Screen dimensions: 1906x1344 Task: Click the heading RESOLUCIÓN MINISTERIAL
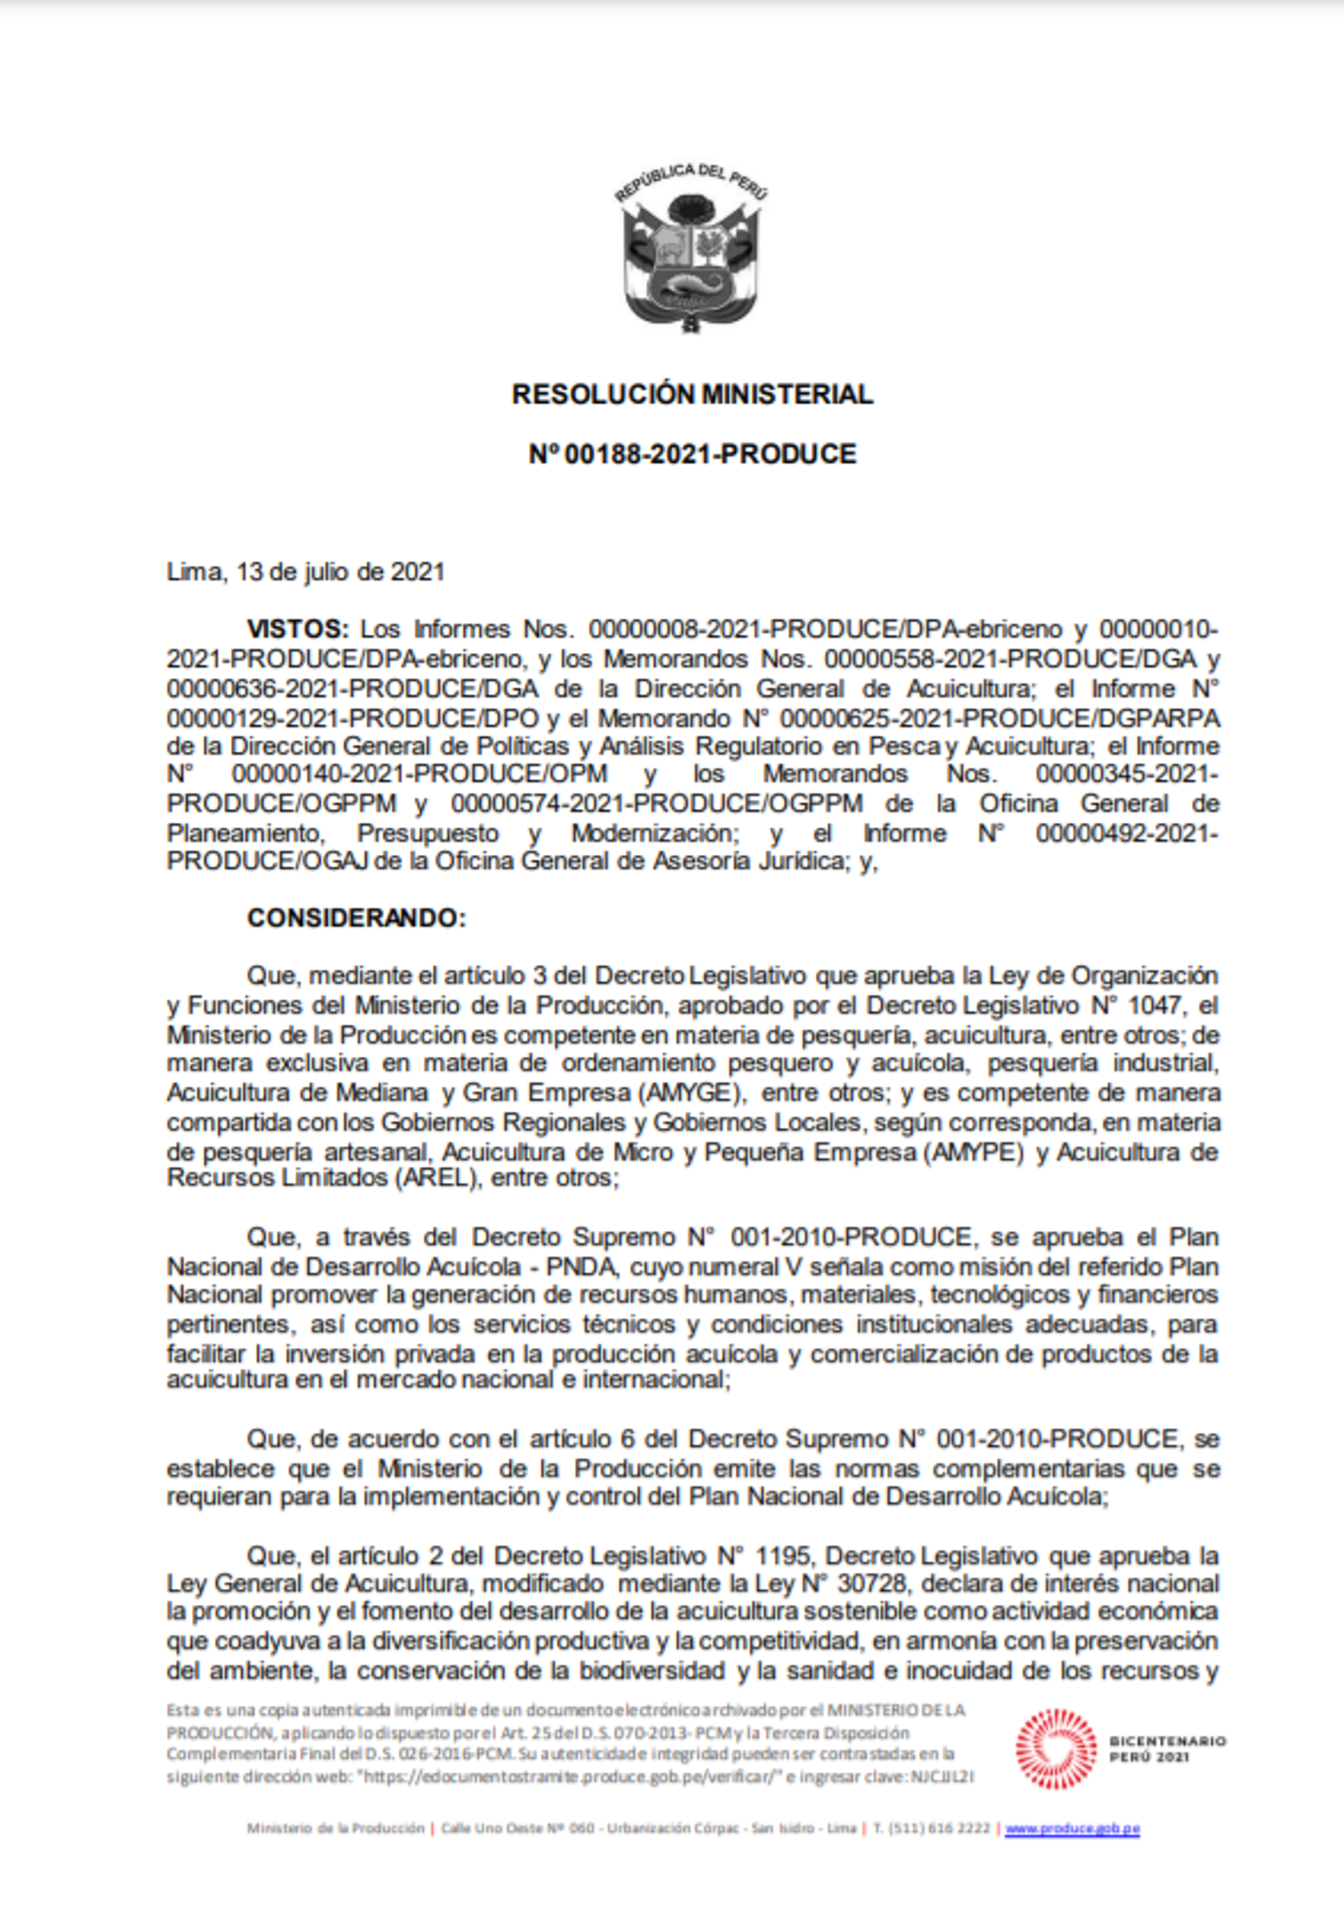click(x=692, y=394)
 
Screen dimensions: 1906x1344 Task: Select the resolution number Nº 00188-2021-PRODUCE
click(x=692, y=454)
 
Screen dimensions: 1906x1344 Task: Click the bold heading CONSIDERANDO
click(x=357, y=918)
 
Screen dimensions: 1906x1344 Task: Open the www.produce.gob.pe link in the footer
click(x=1072, y=1828)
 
